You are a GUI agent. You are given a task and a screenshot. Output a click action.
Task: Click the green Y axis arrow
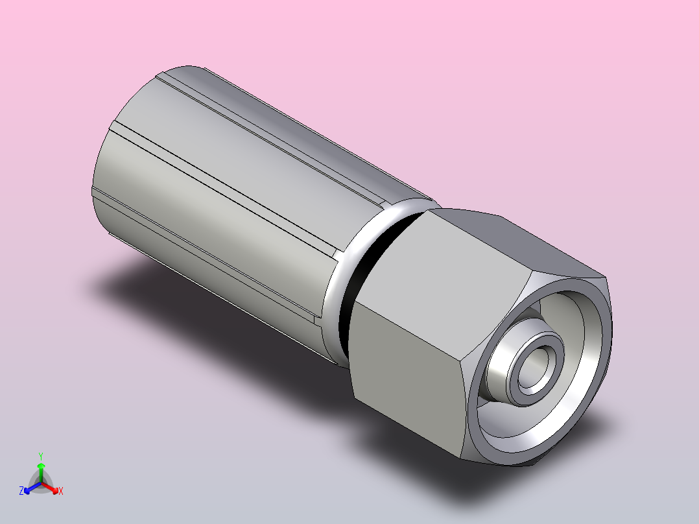(41, 472)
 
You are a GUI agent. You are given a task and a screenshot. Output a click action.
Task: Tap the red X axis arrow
(50, 488)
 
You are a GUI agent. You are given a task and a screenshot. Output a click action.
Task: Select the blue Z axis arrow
(32, 488)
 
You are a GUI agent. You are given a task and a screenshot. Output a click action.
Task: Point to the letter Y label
(41, 456)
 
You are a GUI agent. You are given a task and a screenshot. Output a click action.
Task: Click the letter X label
(61, 491)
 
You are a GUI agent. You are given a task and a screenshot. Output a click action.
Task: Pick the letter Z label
(21, 491)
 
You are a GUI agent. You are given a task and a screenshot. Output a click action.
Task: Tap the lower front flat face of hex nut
(408, 379)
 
